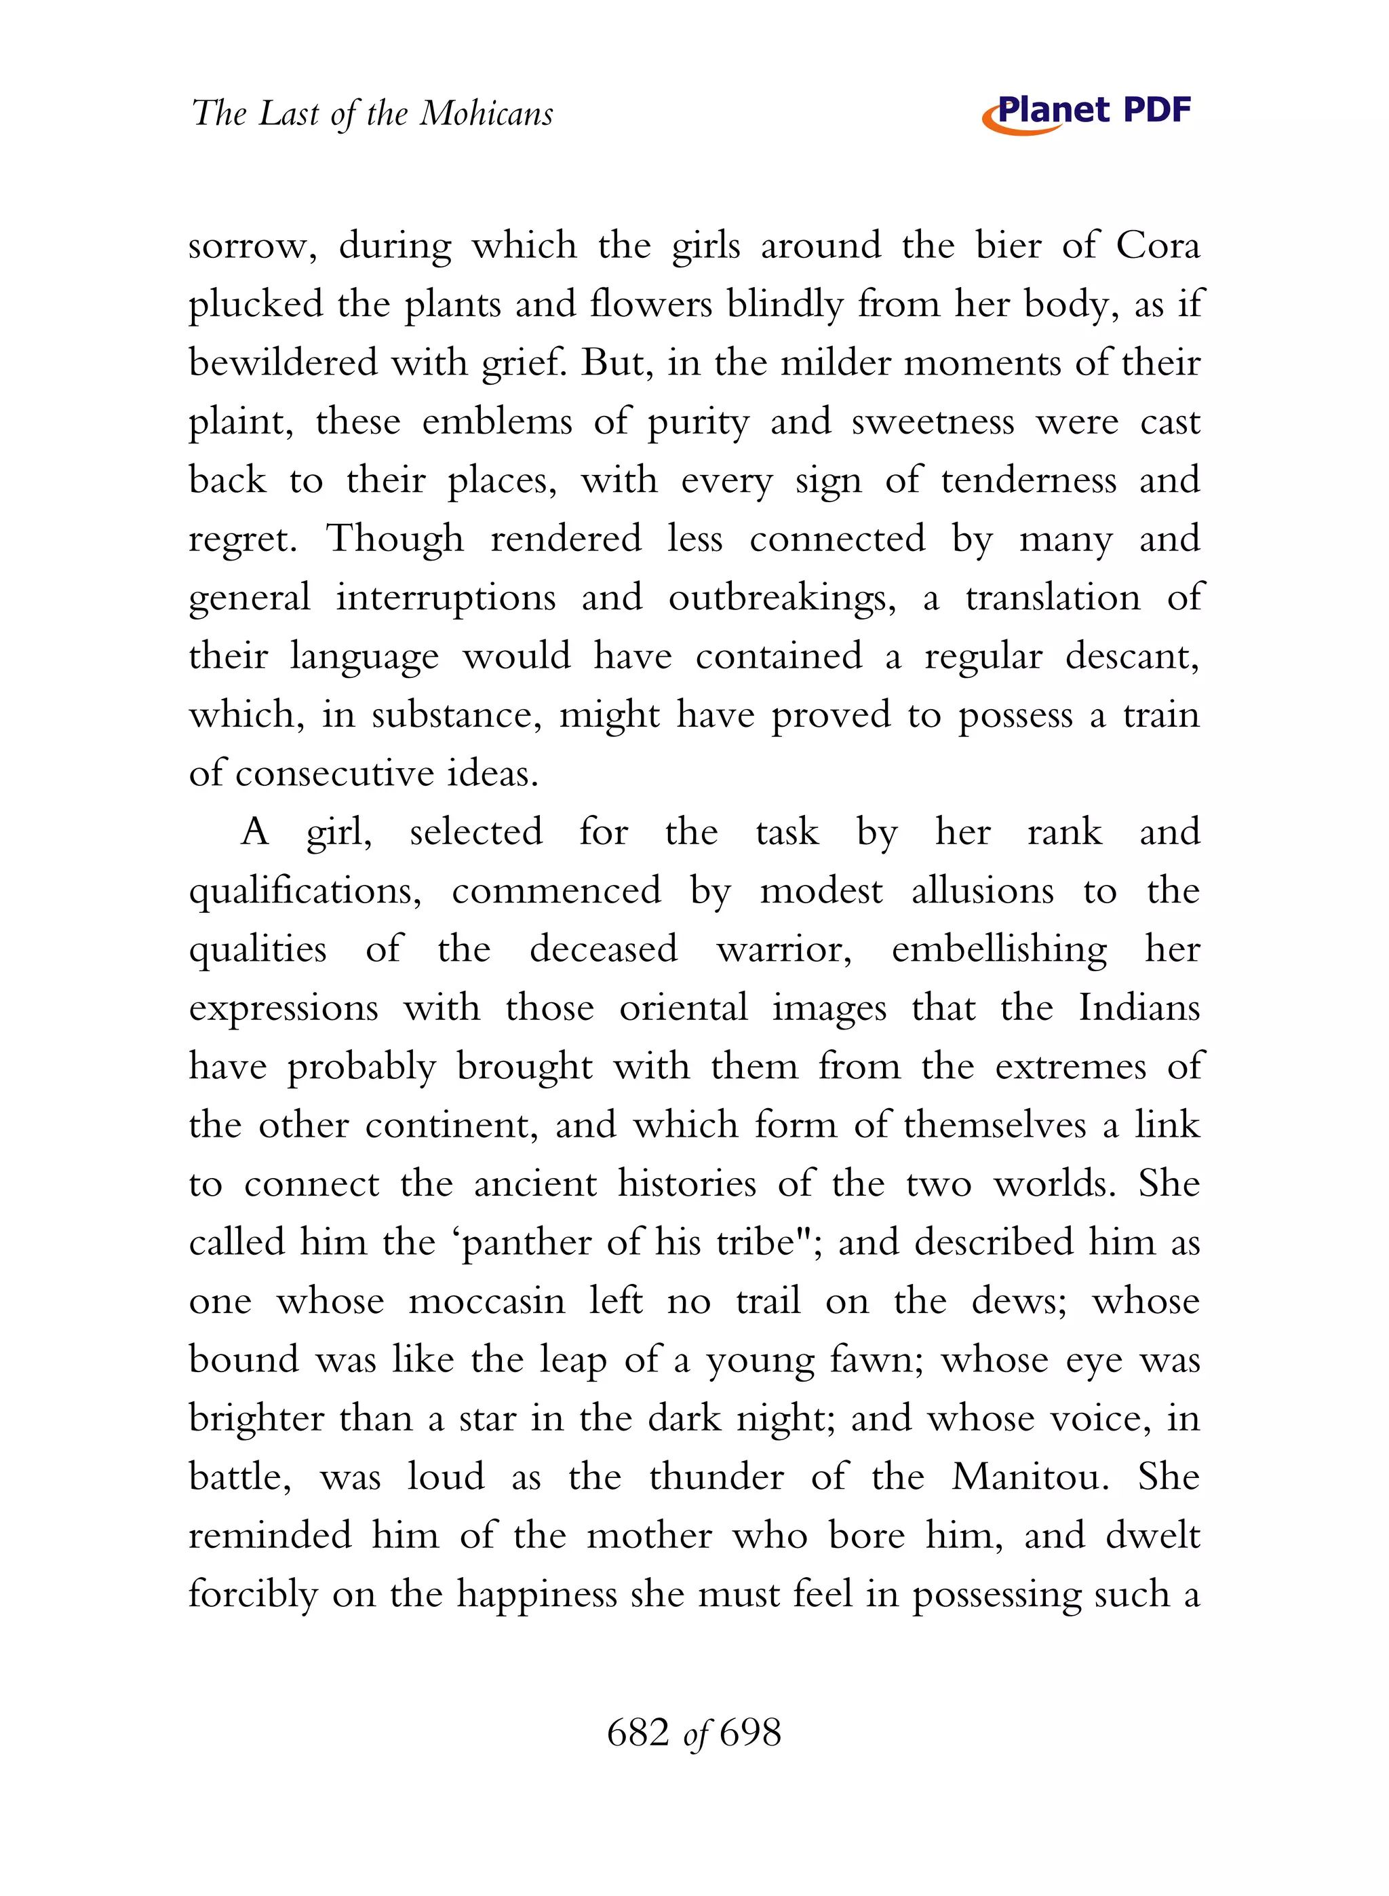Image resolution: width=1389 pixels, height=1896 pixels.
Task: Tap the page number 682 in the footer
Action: point(638,1733)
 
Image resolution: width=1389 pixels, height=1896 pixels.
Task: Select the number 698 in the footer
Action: point(750,1733)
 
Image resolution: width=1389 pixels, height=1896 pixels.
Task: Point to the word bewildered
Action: point(283,363)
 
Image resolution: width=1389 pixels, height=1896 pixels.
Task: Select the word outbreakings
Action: point(782,598)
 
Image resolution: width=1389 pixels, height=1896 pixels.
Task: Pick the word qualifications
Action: point(305,892)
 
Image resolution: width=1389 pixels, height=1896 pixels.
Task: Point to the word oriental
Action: point(683,1008)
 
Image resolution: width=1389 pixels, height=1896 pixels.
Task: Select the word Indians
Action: point(1139,1008)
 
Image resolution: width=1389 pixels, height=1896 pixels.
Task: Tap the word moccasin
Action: point(486,1302)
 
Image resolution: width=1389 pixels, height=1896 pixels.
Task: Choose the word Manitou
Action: point(1029,1478)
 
